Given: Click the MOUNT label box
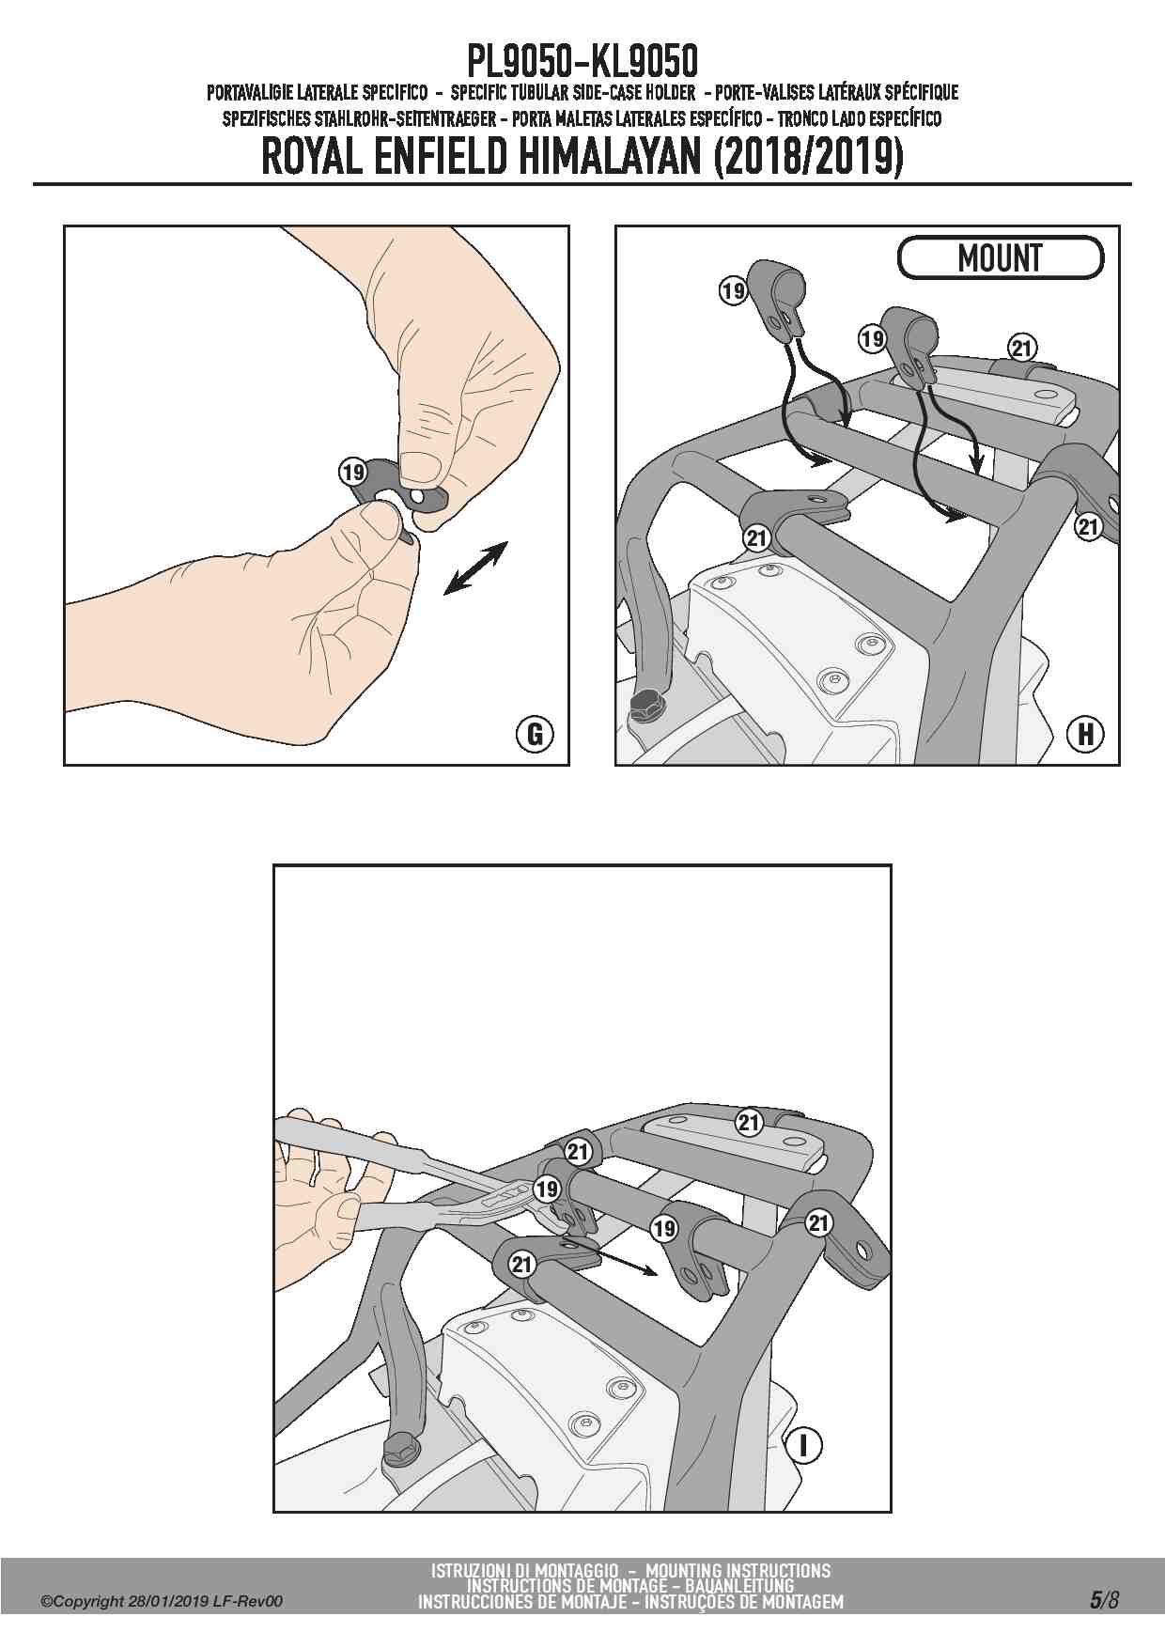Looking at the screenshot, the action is (x=1000, y=257).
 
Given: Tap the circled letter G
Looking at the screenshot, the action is (x=535, y=733).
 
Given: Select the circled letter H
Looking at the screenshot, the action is (x=1086, y=733).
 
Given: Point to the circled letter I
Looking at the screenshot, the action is (x=803, y=1445).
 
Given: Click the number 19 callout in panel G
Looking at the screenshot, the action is (x=353, y=472).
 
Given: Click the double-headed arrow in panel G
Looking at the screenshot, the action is (x=475, y=567).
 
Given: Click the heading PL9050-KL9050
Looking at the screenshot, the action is (x=582, y=62).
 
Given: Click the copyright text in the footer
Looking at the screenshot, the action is (x=162, y=1602).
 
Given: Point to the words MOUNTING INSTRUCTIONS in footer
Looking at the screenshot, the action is (x=738, y=1570).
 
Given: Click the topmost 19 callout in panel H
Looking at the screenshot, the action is (x=733, y=291).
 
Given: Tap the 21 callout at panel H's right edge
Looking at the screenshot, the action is (x=1088, y=527).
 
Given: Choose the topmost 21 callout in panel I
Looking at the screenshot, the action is (x=748, y=1122).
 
